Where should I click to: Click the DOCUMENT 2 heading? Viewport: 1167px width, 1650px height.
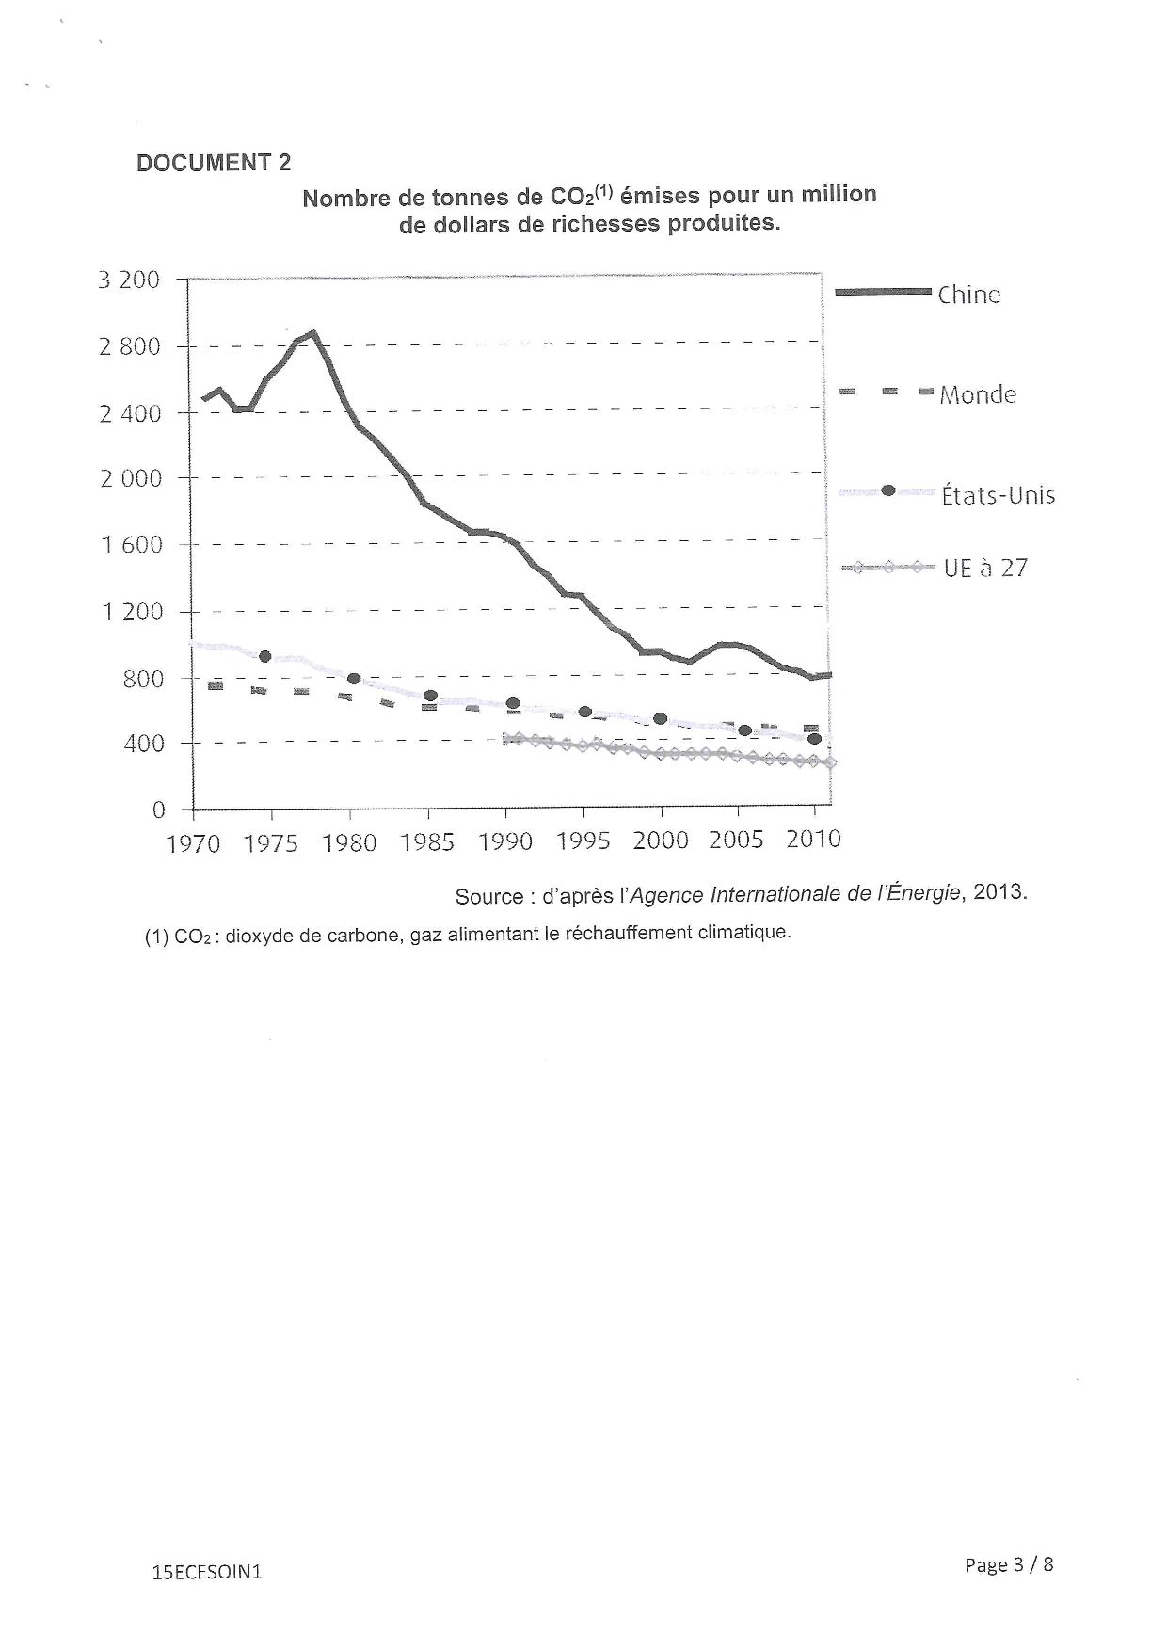214,163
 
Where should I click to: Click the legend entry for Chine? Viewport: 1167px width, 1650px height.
968,295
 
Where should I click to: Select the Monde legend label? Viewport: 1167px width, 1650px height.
978,394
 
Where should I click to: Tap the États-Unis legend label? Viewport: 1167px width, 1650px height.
998,495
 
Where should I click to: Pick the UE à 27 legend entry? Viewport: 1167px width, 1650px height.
985,568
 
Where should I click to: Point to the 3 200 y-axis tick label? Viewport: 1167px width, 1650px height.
129,280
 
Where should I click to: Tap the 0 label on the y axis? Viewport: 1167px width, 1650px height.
158,809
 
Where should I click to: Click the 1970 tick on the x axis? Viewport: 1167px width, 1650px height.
193,843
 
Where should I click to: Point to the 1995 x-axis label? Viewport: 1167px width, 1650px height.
583,841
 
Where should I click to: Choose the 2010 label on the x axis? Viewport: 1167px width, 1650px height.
813,840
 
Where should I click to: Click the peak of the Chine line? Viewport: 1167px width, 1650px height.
312,332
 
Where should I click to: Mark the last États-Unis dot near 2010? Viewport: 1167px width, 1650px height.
815,739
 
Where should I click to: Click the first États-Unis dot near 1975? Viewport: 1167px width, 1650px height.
265,656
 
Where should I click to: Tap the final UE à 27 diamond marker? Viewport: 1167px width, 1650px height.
830,762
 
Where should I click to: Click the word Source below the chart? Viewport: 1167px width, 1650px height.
488,896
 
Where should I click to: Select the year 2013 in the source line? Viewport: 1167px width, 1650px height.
999,891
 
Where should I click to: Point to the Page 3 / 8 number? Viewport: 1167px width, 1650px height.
1009,1564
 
